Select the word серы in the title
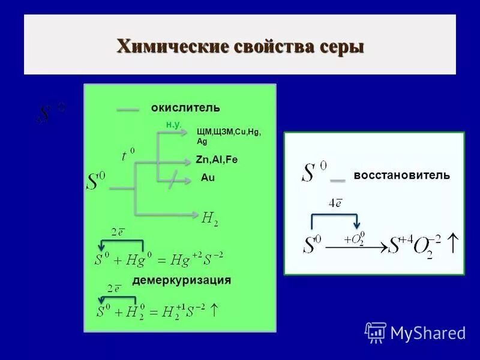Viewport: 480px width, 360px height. (x=341, y=46)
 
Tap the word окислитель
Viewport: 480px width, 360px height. (x=185, y=108)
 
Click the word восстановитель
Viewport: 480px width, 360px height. (x=401, y=175)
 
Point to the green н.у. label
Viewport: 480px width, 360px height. (x=174, y=124)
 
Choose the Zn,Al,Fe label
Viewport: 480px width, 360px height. (x=217, y=160)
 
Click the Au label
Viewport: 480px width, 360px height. (x=207, y=178)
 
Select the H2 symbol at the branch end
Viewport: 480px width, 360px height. (x=209, y=219)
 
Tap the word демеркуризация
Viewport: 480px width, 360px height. (x=182, y=280)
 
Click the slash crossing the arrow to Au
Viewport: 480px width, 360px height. (x=173, y=179)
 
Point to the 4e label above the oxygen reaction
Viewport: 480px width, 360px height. (x=335, y=203)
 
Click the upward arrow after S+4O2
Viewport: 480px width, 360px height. (x=453, y=244)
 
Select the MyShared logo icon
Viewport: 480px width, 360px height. (x=376, y=332)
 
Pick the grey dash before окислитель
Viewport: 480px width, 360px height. (x=128, y=109)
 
